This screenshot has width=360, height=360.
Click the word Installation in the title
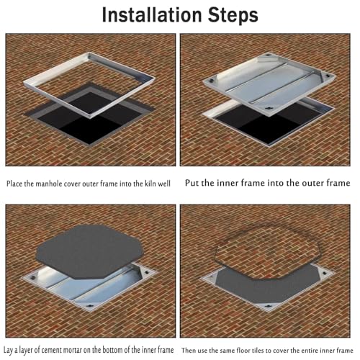coord(152,15)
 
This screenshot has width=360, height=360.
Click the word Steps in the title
coord(233,16)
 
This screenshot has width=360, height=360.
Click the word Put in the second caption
coord(192,183)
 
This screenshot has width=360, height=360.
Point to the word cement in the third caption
coord(52,350)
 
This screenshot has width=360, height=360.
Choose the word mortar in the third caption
coord(73,350)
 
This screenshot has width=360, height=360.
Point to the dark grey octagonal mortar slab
coord(89,252)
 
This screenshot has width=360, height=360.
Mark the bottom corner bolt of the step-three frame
coord(89,306)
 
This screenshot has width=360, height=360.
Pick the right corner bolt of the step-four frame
coord(324,273)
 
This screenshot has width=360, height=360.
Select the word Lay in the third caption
coord(8,350)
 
